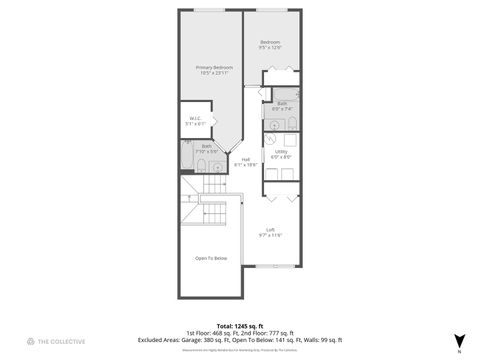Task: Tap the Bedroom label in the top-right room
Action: (269, 44)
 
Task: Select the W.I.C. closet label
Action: (195, 121)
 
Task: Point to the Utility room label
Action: (281, 154)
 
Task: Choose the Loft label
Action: (270, 232)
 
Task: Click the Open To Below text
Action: (211, 258)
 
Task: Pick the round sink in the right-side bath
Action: (273, 124)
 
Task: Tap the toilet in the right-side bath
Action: (293, 123)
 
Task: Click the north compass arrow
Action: (459, 340)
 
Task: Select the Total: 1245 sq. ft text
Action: (239, 325)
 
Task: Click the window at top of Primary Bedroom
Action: (209, 10)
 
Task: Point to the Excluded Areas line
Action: (239, 339)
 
